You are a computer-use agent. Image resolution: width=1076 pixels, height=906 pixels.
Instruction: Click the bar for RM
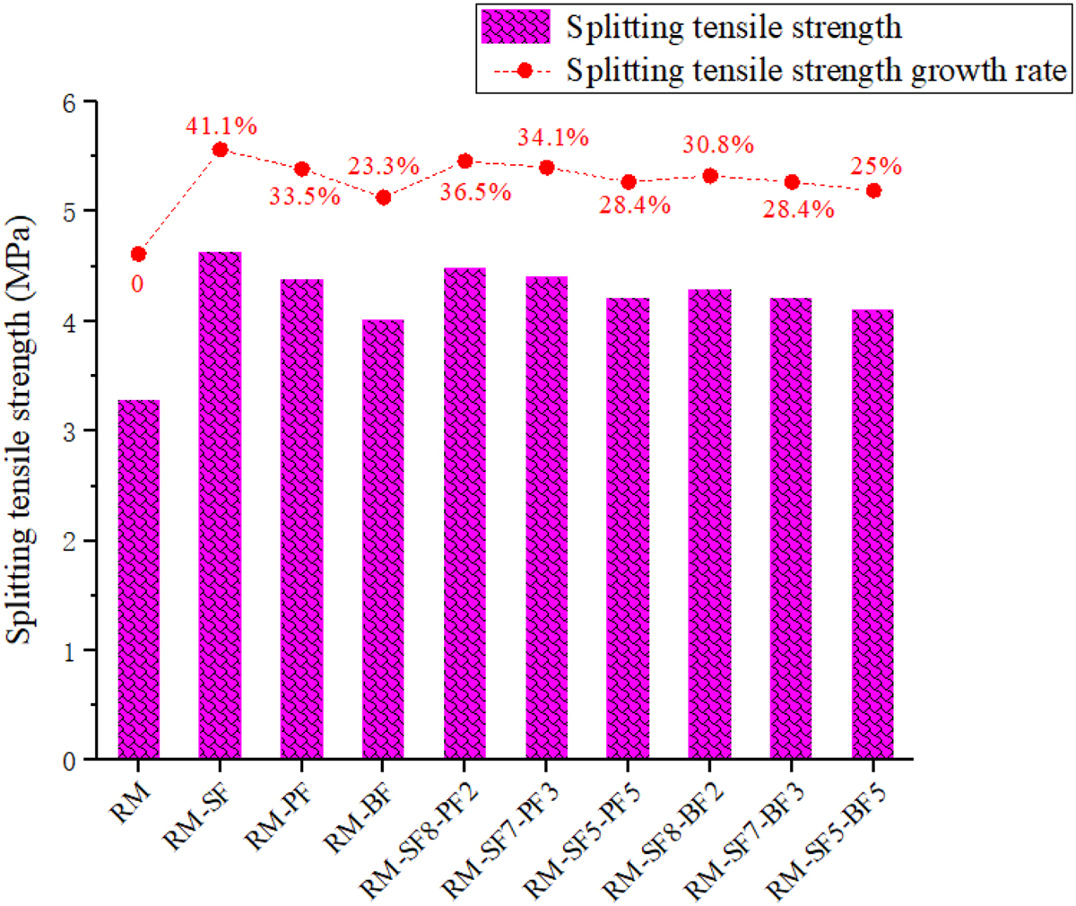pyautogui.click(x=138, y=579)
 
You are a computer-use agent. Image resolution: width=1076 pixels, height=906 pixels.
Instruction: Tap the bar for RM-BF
pyautogui.click(x=383, y=539)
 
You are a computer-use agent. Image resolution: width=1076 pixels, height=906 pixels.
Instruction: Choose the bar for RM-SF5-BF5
pyautogui.click(x=872, y=534)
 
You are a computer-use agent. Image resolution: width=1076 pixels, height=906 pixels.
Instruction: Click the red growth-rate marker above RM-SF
pyautogui.click(x=220, y=150)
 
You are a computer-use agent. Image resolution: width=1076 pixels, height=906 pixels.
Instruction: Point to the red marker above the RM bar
pyautogui.click(x=138, y=255)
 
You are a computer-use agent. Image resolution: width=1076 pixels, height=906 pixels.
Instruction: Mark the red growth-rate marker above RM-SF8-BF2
pyautogui.click(x=709, y=176)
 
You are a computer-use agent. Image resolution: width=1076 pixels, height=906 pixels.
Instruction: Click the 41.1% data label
pyautogui.click(x=221, y=126)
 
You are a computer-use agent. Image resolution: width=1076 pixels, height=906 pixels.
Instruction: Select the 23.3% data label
pyautogui.click(x=385, y=166)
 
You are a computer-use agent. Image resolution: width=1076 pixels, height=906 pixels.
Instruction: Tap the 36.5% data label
pyautogui.click(x=476, y=192)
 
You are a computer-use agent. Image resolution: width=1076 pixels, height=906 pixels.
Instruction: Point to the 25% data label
pyautogui.click(x=876, y=166)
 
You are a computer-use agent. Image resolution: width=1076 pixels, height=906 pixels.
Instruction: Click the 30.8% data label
pyautogui.click(x=719, y=144)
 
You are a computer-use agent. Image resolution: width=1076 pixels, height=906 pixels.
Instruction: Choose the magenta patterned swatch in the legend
pyautogui.click(x=516, y=27)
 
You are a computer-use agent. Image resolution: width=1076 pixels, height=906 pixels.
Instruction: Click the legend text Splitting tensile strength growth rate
pyautogui.click(x=816, y=70)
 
